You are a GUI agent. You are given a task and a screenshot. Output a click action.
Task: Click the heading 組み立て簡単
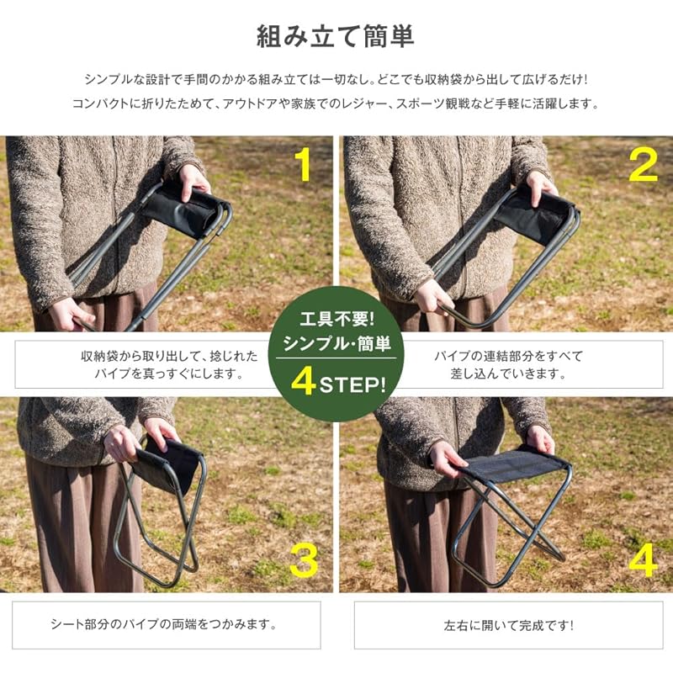tap(335, 36)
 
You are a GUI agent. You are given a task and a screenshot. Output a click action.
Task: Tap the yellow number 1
tap(305, 165)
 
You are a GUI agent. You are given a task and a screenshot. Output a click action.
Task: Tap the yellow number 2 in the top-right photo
tap(643, 165)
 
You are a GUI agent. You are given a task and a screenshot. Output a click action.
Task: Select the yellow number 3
tap(304, 560)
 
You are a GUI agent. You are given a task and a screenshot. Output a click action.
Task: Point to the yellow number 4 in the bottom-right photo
tap(643, 560)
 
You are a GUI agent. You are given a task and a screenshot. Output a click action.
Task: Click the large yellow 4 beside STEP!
tap(304, 382)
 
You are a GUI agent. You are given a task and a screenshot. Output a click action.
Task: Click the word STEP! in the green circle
tap(352, 384)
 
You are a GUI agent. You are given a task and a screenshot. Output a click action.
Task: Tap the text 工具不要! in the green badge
tap(337, 319)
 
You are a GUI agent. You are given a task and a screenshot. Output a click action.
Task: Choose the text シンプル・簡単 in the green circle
tap(337, 343)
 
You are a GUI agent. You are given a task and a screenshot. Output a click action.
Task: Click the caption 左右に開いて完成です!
tap(509, 625)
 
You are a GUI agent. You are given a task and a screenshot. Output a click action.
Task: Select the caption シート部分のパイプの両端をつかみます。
tap(164, 624)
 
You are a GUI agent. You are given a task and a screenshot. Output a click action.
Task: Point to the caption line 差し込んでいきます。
tap(509, 374)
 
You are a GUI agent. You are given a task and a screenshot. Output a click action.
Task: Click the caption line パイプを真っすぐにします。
tap(170, 374)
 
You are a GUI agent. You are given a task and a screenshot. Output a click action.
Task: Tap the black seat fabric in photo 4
tap(515, 466)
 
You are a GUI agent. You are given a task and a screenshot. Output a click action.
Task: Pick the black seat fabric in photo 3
tap(170, 466)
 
